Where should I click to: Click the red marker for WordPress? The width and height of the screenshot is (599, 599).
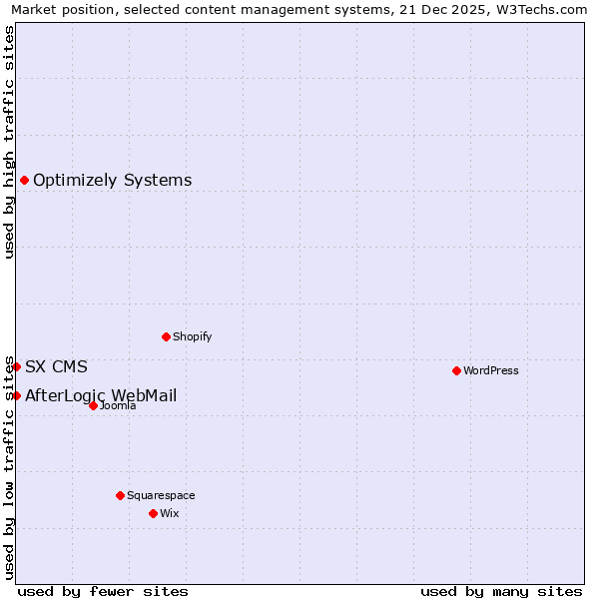[x=456, y=370]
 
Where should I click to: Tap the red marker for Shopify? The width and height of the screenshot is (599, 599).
[x=166, y=336]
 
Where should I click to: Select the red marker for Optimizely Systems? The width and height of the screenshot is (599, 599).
[x=24, y=180]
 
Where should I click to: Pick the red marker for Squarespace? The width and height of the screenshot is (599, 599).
[x=120, y=495]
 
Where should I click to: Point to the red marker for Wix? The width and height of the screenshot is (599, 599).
[x=153, y=513]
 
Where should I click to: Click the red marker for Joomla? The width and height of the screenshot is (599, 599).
[x=93, y=405]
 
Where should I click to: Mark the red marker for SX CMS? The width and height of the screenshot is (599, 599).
[x=16, y=366]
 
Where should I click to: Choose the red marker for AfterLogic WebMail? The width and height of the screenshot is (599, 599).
[x=16, y=395]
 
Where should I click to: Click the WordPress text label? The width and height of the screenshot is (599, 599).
[x=491, y=370]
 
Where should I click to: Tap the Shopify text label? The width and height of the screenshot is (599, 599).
[x=193, y=336]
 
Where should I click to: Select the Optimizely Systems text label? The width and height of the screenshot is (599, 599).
[x=113, y=180]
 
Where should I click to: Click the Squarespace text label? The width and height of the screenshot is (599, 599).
[x=161, y=495]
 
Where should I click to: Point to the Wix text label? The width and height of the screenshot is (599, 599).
[x=169, y=513]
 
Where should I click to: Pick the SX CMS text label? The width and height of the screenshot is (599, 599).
[x=56, y=366]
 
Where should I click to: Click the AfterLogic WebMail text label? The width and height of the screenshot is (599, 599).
[x=101, y=395]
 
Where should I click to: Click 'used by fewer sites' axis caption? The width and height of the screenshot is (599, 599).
[x=103, y=591]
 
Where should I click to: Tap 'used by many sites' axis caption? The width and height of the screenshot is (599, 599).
[x=501, y=591]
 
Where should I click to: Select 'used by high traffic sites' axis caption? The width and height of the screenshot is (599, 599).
[x=9, y=142]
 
